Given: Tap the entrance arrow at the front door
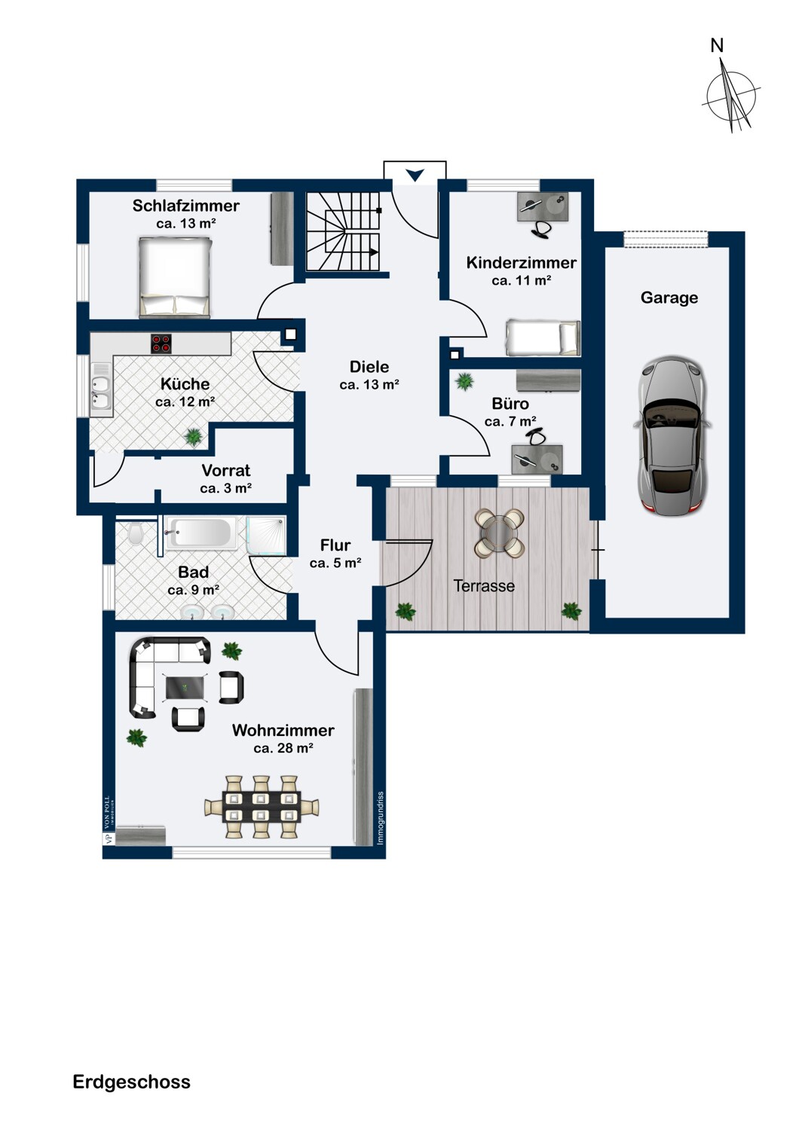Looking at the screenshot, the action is [x=415, y=175].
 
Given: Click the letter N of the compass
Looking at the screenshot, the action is [x=717, y=45].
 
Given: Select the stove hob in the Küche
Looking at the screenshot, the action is [x=161, y=343].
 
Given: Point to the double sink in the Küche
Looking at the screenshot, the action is [x=101, y=391].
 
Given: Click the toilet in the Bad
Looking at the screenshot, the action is [x=135, y=533].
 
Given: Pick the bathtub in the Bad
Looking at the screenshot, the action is [x=202, y=533].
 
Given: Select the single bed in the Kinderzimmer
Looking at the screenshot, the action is [x=543, y=337].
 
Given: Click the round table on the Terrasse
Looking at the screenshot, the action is [x=499, y=533].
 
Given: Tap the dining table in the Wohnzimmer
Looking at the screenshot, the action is [x=261, y=806].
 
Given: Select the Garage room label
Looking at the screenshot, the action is [x=669, y=298].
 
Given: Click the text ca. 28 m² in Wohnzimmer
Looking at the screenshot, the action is [x=283, y=748].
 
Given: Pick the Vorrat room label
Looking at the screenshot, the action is [x=225, y=470].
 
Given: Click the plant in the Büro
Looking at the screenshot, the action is [x=464, y=381].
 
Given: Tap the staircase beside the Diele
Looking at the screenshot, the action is [x=343, y=231].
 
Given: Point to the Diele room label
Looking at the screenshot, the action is [x=369, y=367].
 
